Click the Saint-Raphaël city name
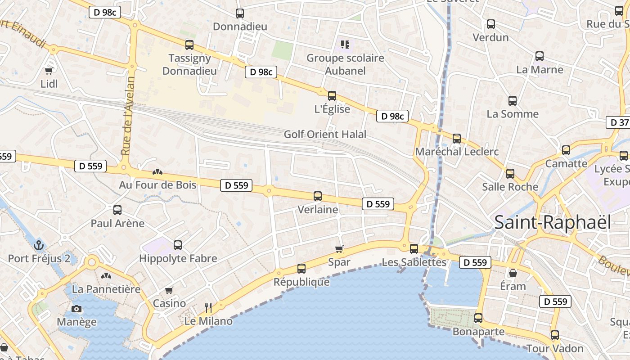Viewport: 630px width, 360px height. coord(553,222)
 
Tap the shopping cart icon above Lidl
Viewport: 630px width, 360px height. coord(49,70)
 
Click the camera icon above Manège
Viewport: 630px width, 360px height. coord(76,309)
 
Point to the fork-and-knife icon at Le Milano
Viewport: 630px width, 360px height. coord(208,307)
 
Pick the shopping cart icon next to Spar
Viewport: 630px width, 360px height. coord(339,249)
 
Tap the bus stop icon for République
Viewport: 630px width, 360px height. coord(301,269)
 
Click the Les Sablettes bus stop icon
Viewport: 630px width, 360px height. coord(414,248)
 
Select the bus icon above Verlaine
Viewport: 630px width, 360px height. coord(318,196)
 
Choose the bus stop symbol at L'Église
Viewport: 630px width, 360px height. coord(332,95)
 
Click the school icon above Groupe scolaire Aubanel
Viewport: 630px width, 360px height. coord(345,44)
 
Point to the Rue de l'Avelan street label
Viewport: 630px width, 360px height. coord(128,117)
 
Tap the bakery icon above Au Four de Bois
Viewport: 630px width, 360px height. coord(157,171)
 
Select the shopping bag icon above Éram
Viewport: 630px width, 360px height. coord(513,273)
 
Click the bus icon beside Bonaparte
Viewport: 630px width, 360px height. coord(478,318)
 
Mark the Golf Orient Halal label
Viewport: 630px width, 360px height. coord(325,134)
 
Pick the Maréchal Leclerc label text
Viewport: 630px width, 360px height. coord(457,152)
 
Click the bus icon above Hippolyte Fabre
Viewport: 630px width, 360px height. coord(178,245)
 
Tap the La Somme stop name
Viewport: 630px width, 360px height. coord(513,114)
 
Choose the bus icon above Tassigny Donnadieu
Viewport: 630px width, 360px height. coord(189,45)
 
